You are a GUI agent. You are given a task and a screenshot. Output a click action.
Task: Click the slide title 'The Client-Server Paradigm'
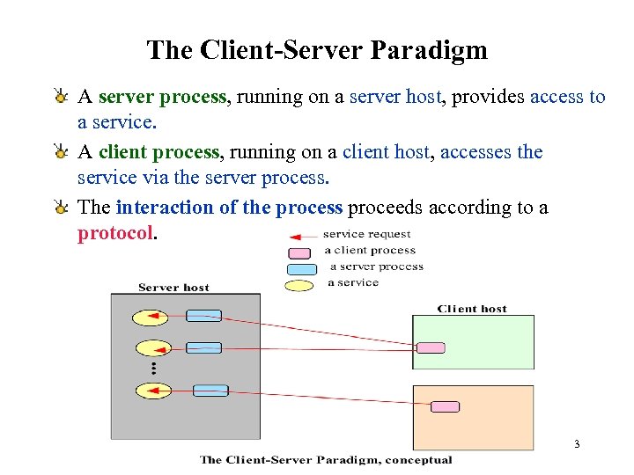point(317,50)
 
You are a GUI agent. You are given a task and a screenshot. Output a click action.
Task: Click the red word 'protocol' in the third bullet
point(115,234)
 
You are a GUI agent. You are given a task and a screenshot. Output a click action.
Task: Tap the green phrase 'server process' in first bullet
point(162,97)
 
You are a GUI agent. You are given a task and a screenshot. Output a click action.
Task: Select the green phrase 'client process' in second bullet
point(158,152)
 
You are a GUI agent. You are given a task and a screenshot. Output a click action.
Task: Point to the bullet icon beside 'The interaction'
point(60,208)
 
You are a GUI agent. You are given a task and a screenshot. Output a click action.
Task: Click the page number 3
point(576,444)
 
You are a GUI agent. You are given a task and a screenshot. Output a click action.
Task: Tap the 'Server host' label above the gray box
point(173,287)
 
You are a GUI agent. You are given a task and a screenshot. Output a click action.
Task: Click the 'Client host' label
point(472,309)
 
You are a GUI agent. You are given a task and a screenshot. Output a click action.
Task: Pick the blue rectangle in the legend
point(302,268)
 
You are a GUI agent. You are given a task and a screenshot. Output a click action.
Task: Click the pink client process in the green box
point(431,347)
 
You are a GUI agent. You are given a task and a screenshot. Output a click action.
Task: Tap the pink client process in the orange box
point(445,406)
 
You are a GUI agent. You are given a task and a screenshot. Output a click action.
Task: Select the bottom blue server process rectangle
point(210,391)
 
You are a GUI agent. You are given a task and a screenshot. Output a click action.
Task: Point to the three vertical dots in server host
point(152,368)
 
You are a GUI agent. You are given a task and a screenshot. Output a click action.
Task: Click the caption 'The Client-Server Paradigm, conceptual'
point(326,459)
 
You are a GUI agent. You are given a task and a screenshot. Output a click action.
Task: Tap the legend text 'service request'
point(366,234)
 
